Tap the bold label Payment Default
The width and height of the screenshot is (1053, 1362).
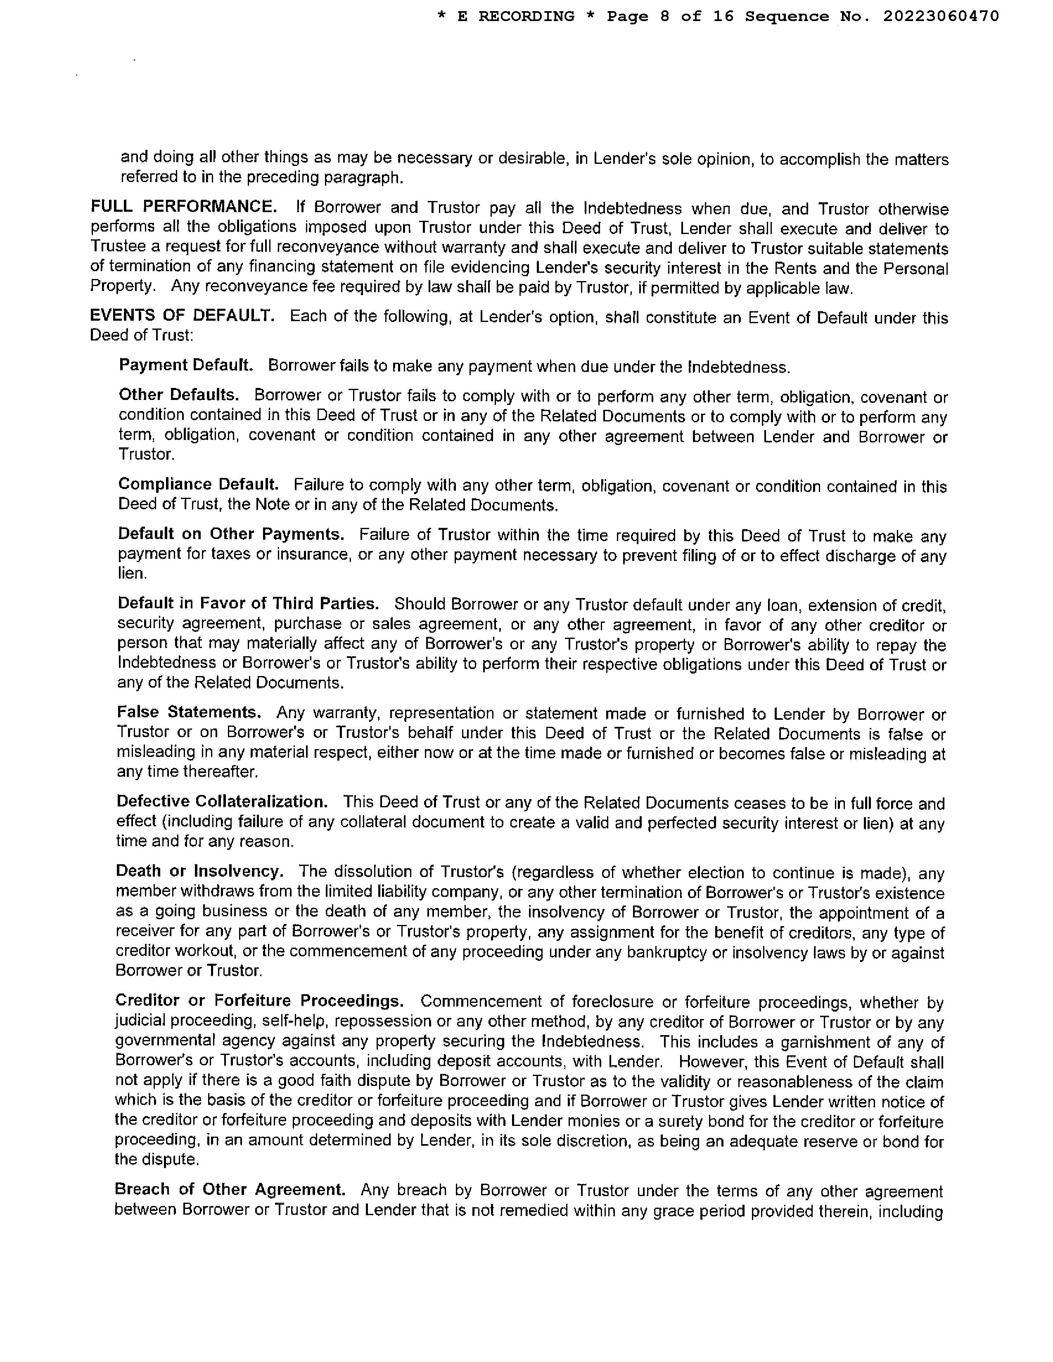pos(186,365)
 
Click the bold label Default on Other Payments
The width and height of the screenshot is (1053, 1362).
pos(231,534)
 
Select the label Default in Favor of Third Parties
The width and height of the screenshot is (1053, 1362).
pos(248,604)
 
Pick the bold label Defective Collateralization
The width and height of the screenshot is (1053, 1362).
pos(222,802)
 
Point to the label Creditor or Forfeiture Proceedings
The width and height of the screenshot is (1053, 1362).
pos(259,1001)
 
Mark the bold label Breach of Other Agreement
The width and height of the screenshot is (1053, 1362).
pos(230,1190)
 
